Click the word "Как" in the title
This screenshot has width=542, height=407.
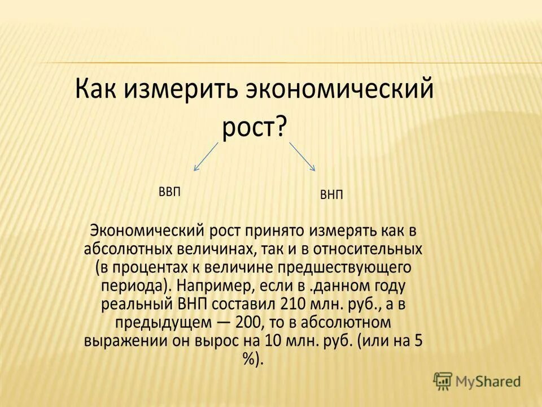(97, 89)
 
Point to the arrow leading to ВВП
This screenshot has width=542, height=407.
(206, 156)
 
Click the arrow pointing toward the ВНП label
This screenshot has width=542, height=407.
(302, 156)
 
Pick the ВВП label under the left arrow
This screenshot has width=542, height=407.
(169, 192)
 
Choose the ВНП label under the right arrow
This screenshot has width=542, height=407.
(331, 195)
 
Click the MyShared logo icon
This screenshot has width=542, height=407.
(443, 382)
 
